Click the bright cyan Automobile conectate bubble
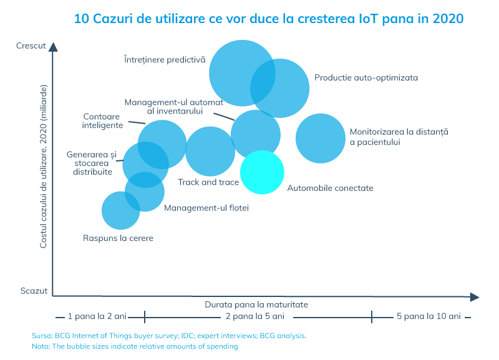click(262, 172)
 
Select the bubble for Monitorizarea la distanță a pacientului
click(320, 138)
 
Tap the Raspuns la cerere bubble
click(120, 210)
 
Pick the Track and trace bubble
click(210, 151)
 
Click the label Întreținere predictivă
click(164, 60)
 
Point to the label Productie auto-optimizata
click(366, 78)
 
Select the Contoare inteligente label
click(102, 120)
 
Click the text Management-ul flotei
click(206, 208)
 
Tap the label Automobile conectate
click(330, 187)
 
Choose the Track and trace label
click(208, 182)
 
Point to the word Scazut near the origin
click(34, 291)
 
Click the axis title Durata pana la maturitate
click(256, 304)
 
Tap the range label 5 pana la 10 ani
click(429, 316)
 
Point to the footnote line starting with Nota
click(135, 346)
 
